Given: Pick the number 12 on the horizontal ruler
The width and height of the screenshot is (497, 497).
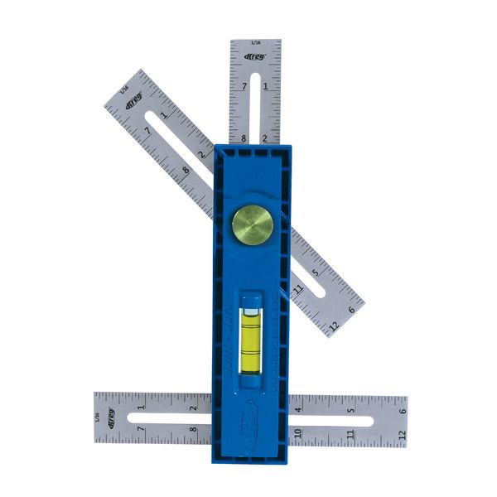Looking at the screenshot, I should point(402,432).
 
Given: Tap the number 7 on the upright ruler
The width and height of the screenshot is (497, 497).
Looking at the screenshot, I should point(244,86).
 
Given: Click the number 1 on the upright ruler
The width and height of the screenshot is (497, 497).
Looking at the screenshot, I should point(265,85).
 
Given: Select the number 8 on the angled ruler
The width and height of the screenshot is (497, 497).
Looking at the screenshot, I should point(186,171).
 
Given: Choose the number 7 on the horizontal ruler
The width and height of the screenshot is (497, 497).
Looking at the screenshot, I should point(141,431).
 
